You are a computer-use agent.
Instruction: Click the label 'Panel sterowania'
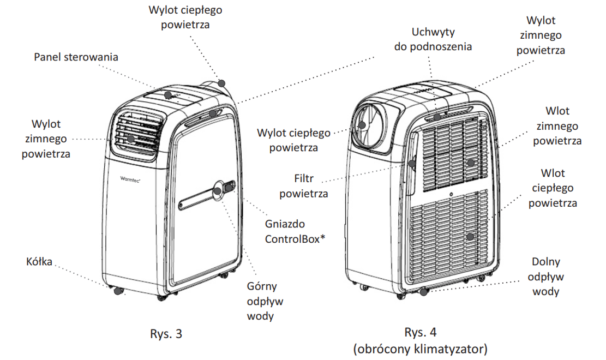click(x=76, y=57)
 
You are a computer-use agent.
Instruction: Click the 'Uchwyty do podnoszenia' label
click(x=434, y=39)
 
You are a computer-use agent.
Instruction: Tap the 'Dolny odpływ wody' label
click(x=546, y=277)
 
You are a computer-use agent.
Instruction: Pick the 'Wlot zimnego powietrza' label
click(x=556, y=125)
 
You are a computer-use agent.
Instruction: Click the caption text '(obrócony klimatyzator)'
click(x=419, y=348)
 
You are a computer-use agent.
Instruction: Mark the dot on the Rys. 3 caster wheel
click(x=117, y=291)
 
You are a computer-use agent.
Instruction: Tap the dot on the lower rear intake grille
click(x=470, y=237)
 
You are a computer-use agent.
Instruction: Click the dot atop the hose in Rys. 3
click(x=221, y=82)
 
